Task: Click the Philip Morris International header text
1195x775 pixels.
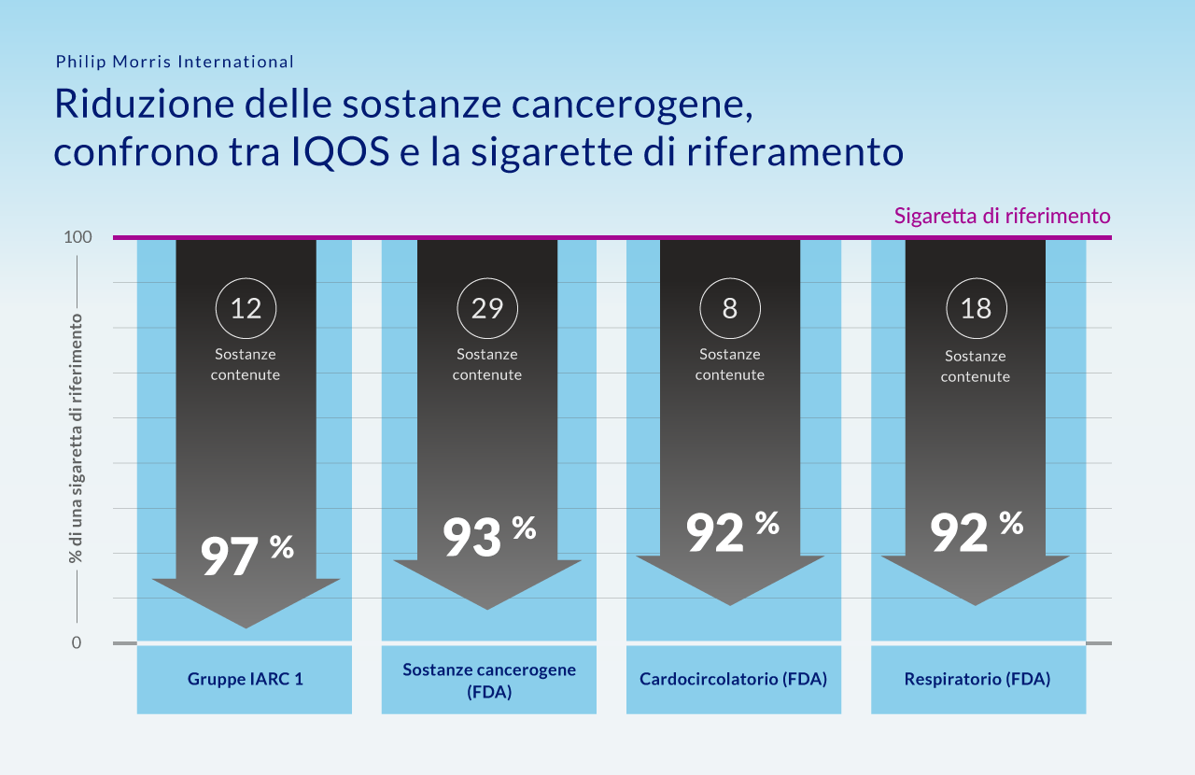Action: tap(175, 62)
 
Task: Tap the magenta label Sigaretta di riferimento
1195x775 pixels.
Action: tap(1002, 216)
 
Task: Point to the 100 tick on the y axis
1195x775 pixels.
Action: tap(77, 237)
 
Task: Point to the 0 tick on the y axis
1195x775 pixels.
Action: tap(76, 642)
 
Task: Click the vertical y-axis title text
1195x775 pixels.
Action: tap(75, 439)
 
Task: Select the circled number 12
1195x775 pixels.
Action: tap(246, 307)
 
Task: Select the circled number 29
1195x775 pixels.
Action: tap(487, 307)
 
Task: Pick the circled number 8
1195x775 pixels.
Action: tap(730, 307)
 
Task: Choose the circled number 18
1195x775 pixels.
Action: tap(976, 309)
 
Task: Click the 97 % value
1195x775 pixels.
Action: tap(246, 555)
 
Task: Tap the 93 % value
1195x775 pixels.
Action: tap(488, 536)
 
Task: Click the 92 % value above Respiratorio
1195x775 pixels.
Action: tap(976, 530)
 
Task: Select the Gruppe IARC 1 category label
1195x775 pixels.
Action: tap(245, 679)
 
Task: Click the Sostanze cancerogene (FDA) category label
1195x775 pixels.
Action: tap(489, 681)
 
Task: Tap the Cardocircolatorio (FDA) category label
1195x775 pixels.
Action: tap(733, 679)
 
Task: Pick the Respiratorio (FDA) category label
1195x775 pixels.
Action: tap(977, 679)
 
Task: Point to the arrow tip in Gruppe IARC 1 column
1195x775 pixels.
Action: tap(246, 626)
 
